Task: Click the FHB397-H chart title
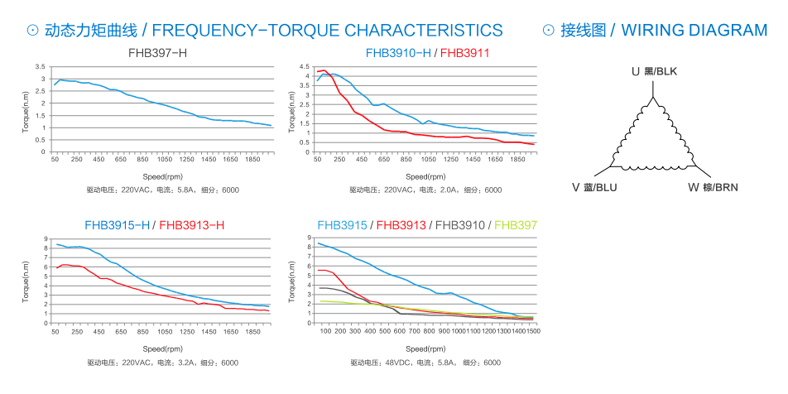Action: click(157, 53)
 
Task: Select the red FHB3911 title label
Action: click(465, 53)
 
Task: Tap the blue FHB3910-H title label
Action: click(398, 53)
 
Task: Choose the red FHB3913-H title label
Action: click(191, 224)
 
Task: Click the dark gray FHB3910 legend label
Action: click(462, 224)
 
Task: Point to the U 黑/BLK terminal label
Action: click(654, 72)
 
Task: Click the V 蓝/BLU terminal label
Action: click(594, 187)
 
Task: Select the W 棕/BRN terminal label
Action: click(713, 187)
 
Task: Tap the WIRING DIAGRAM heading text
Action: click(694, 31)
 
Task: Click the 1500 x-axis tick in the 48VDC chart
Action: click(533, 330)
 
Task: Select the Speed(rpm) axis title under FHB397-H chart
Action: click(163, 176)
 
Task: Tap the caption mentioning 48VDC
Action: click(425, 363)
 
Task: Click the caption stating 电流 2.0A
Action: click(425, 190)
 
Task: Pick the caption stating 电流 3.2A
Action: click(163, 363)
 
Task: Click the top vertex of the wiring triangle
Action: click(654, 98)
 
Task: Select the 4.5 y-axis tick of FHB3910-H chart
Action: click(305, 66)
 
